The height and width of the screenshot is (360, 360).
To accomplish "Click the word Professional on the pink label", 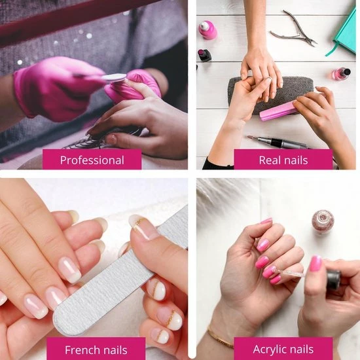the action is [92, 160].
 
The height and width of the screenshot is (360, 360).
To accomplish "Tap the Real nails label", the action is [283, 160].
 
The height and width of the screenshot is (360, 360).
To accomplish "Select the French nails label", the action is [96, 350].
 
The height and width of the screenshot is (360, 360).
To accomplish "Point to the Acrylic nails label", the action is [283, 349].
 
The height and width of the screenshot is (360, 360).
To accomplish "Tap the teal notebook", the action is [342, 32].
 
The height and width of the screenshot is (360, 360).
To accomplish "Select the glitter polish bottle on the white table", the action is [323, 221].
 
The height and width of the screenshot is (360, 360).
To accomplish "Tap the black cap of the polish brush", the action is [334, 279].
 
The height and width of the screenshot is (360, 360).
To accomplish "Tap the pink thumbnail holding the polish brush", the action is [315, 263].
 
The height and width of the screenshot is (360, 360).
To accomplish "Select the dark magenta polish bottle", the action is [204, 55].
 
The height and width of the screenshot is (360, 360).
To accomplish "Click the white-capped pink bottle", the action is [207, 29].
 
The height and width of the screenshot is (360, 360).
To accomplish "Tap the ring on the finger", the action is [268, 79].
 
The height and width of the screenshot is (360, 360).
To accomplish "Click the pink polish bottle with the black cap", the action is [342, 73].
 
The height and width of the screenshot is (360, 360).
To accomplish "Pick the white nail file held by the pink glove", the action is [114, 78].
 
